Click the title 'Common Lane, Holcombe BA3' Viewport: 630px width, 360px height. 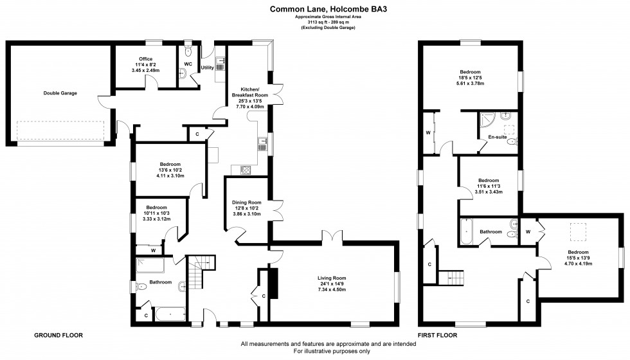(314, 9)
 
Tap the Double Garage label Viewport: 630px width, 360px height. (60, 93)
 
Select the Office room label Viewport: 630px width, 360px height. (145, 59)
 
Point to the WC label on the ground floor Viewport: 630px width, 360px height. (188, 64)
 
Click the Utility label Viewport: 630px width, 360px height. (207, 67)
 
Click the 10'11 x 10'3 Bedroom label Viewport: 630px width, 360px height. (156, 208)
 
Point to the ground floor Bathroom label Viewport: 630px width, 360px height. (161, 282)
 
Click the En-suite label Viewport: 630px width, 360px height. (496, 138)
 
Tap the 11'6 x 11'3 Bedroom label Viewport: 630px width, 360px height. (489, 181)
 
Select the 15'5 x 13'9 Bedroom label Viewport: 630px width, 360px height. (577, 252)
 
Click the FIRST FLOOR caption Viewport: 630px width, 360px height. (438, 336)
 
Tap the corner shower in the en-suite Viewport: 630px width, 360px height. (488, 119)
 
